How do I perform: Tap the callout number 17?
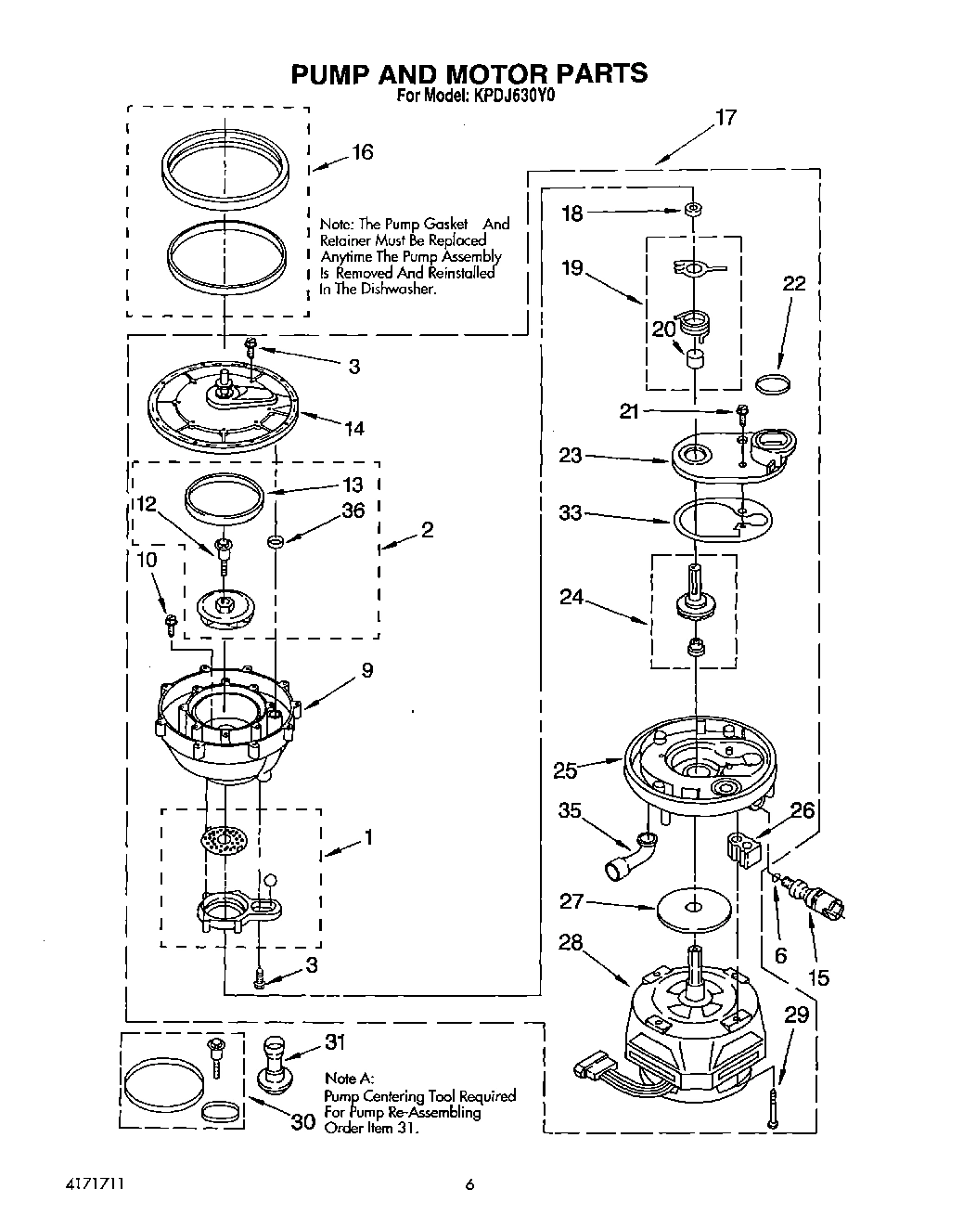coord(725,118)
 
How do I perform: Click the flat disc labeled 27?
coord(691,909)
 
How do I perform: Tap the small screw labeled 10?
coord(171,624)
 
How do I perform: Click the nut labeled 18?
coord(692,210)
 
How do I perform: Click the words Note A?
coord(349,1079)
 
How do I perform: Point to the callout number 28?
coord(571,943)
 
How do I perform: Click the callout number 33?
coord(571,512)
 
